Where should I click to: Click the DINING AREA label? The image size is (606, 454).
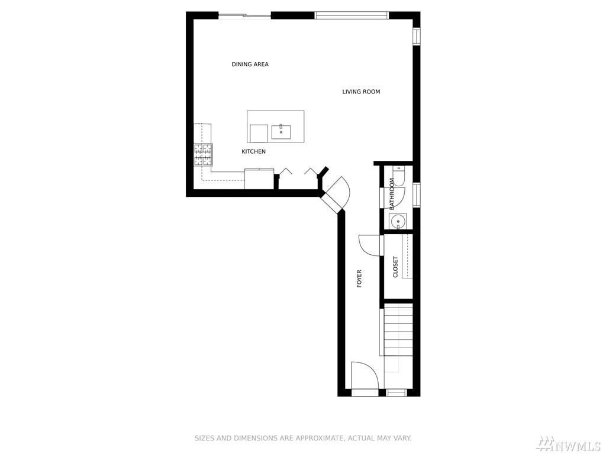[x=250, y=64]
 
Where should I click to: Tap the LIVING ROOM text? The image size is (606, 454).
[x=361, y=92]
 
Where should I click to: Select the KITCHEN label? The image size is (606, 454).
[x=253, y=152]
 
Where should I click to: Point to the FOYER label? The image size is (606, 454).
[x=359, y=278]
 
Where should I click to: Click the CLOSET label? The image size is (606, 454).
[x=395, y=267]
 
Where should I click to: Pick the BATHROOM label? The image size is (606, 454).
[x=392, y=194]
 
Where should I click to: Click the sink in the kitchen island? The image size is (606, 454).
[x=281, y=132]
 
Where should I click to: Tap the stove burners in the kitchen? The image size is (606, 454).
[x=203, y=154]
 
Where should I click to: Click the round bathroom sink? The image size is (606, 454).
[x=398, y=222]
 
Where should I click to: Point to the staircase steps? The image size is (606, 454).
[x=398, y=329]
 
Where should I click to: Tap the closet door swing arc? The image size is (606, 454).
[x=370, y=245]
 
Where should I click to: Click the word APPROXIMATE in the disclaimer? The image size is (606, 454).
[x=320, y=438]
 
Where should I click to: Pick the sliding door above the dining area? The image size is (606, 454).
[x=244, y=16]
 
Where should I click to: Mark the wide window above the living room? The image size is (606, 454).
[x=352, y=15]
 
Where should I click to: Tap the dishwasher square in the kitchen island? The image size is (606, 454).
[x=259, y=133]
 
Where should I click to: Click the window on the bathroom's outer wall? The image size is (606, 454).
[x=416, y=194]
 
